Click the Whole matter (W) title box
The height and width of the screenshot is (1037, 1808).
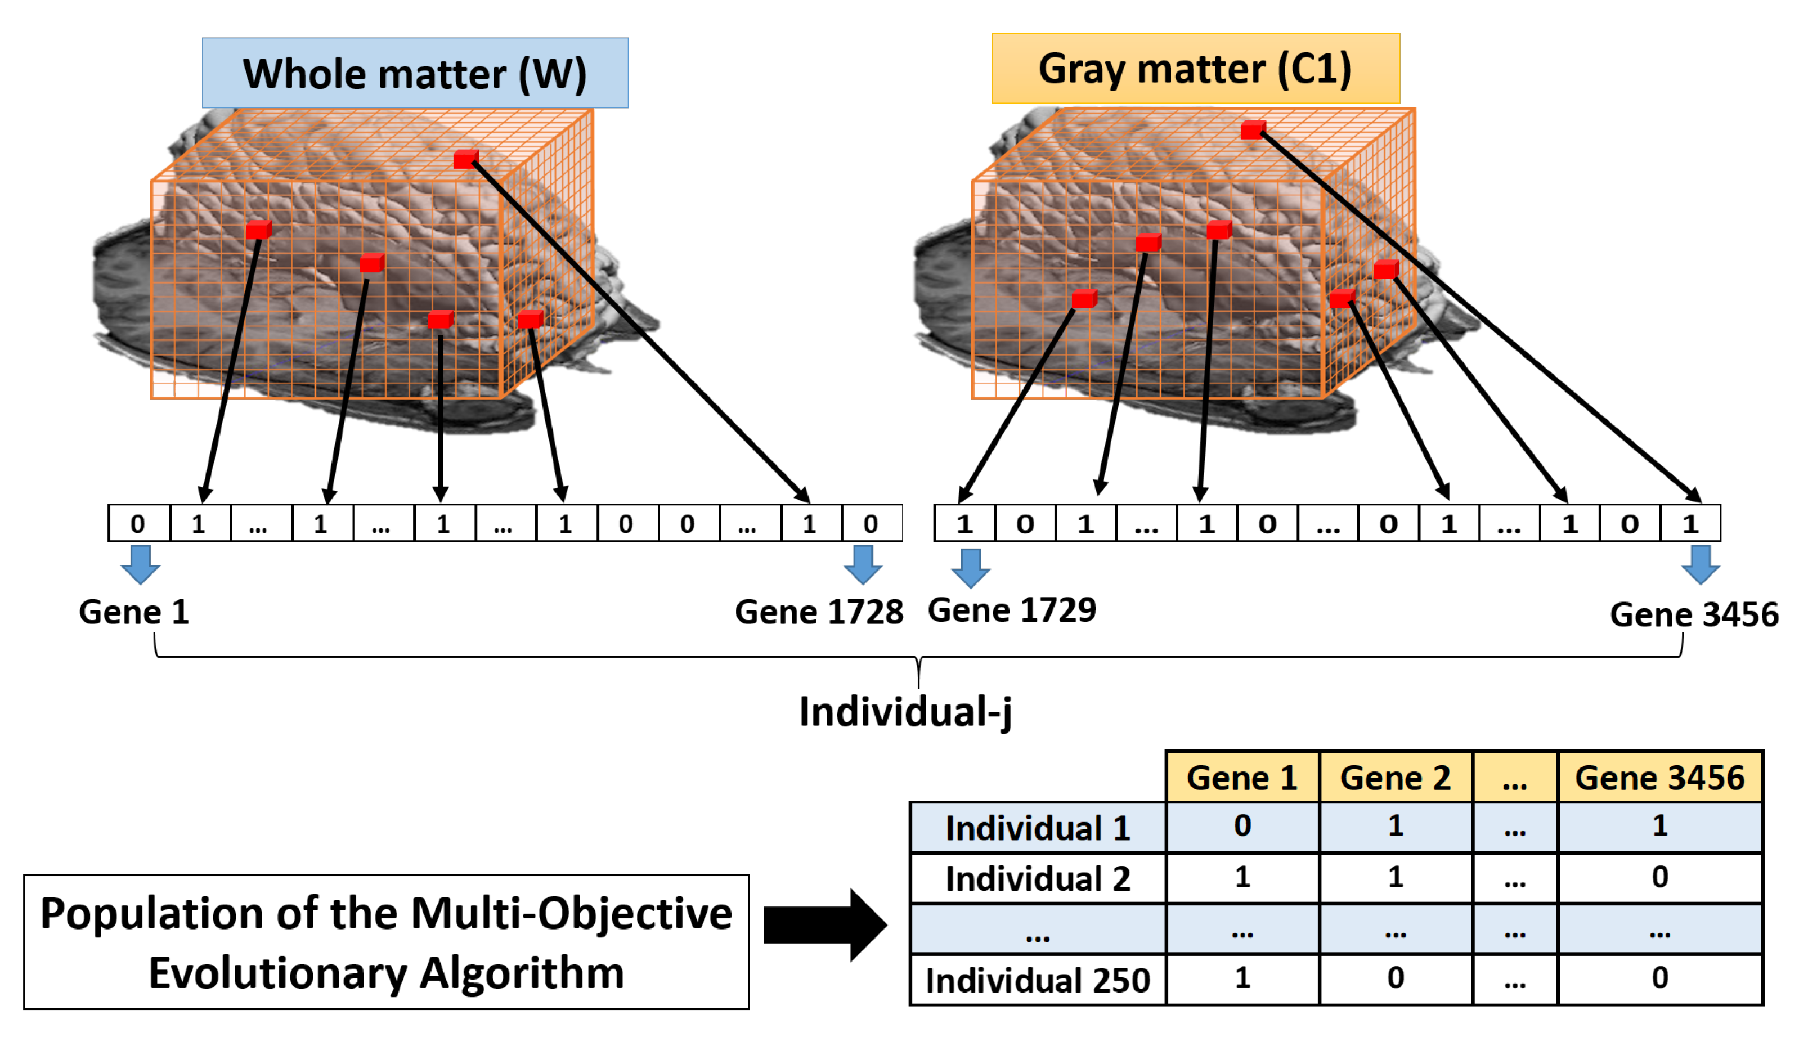[415, 73]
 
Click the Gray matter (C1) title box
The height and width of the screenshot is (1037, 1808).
[1196, 69]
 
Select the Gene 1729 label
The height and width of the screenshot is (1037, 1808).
[1012, 610]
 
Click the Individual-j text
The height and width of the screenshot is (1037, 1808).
[904, 712]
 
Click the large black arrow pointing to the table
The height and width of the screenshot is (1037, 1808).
[824, 925]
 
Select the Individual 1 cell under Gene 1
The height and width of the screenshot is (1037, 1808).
[1242, 826]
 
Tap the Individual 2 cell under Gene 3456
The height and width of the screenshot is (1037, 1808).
[1659, 877]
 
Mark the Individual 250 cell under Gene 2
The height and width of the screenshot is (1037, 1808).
[1395, 978]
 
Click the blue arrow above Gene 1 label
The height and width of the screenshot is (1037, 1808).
[140, 565]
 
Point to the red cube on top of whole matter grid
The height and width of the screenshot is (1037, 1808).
[466, 159]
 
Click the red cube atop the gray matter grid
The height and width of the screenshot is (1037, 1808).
[1253, 129]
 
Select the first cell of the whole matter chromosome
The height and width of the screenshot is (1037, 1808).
[138, 523]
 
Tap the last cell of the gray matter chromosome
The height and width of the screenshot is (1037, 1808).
[1690, 523]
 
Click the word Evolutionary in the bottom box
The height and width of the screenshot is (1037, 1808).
[279, 973]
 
